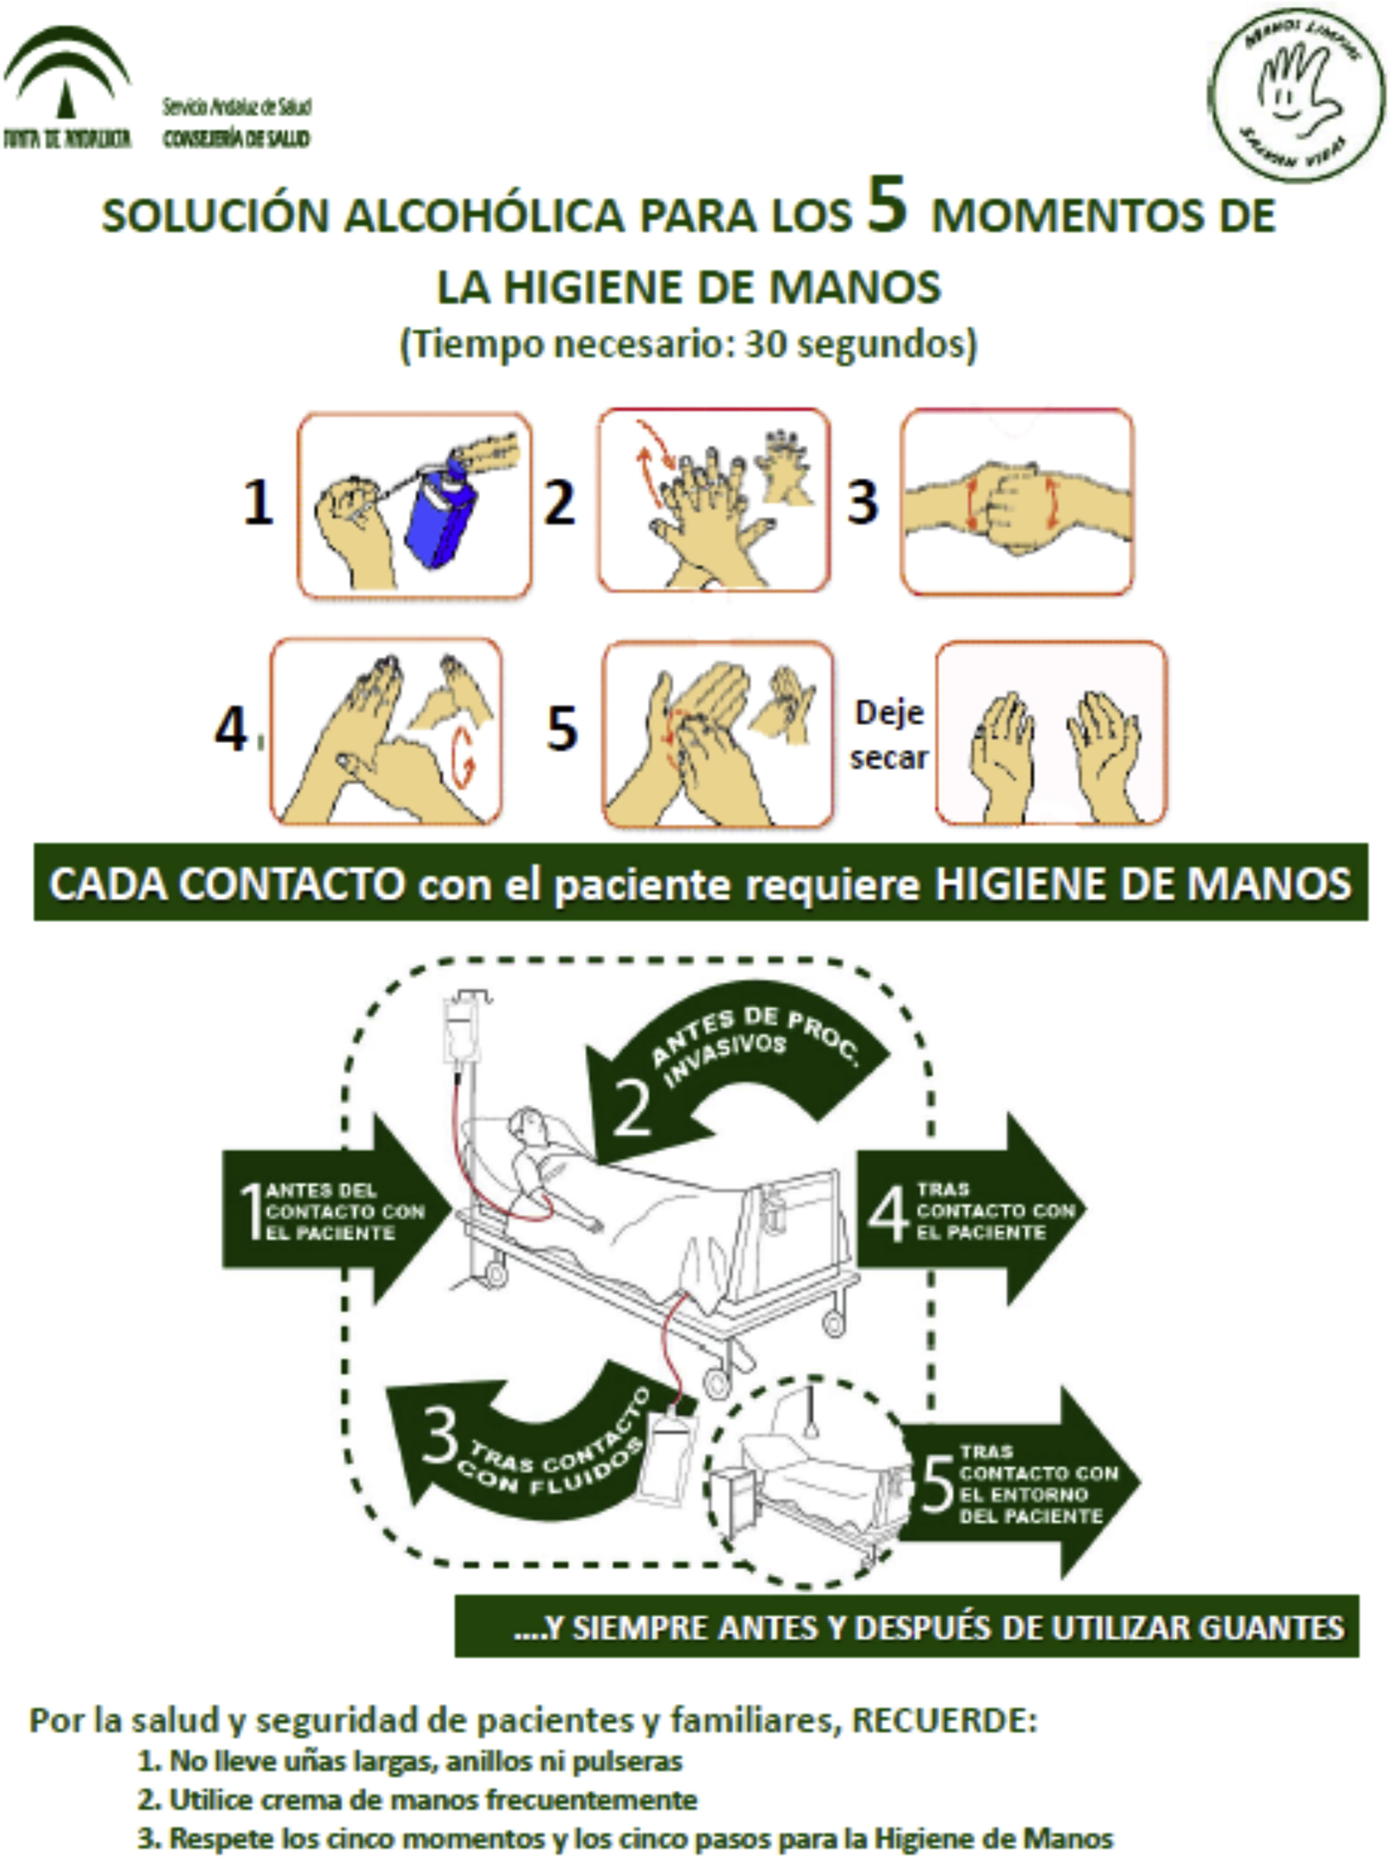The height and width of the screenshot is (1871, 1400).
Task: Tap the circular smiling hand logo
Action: pos(1296,95)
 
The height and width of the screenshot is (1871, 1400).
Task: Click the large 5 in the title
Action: pos(886,205)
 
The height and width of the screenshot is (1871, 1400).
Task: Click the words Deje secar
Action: pos(889,734)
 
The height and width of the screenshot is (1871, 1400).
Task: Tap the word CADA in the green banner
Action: pos(108,885)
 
